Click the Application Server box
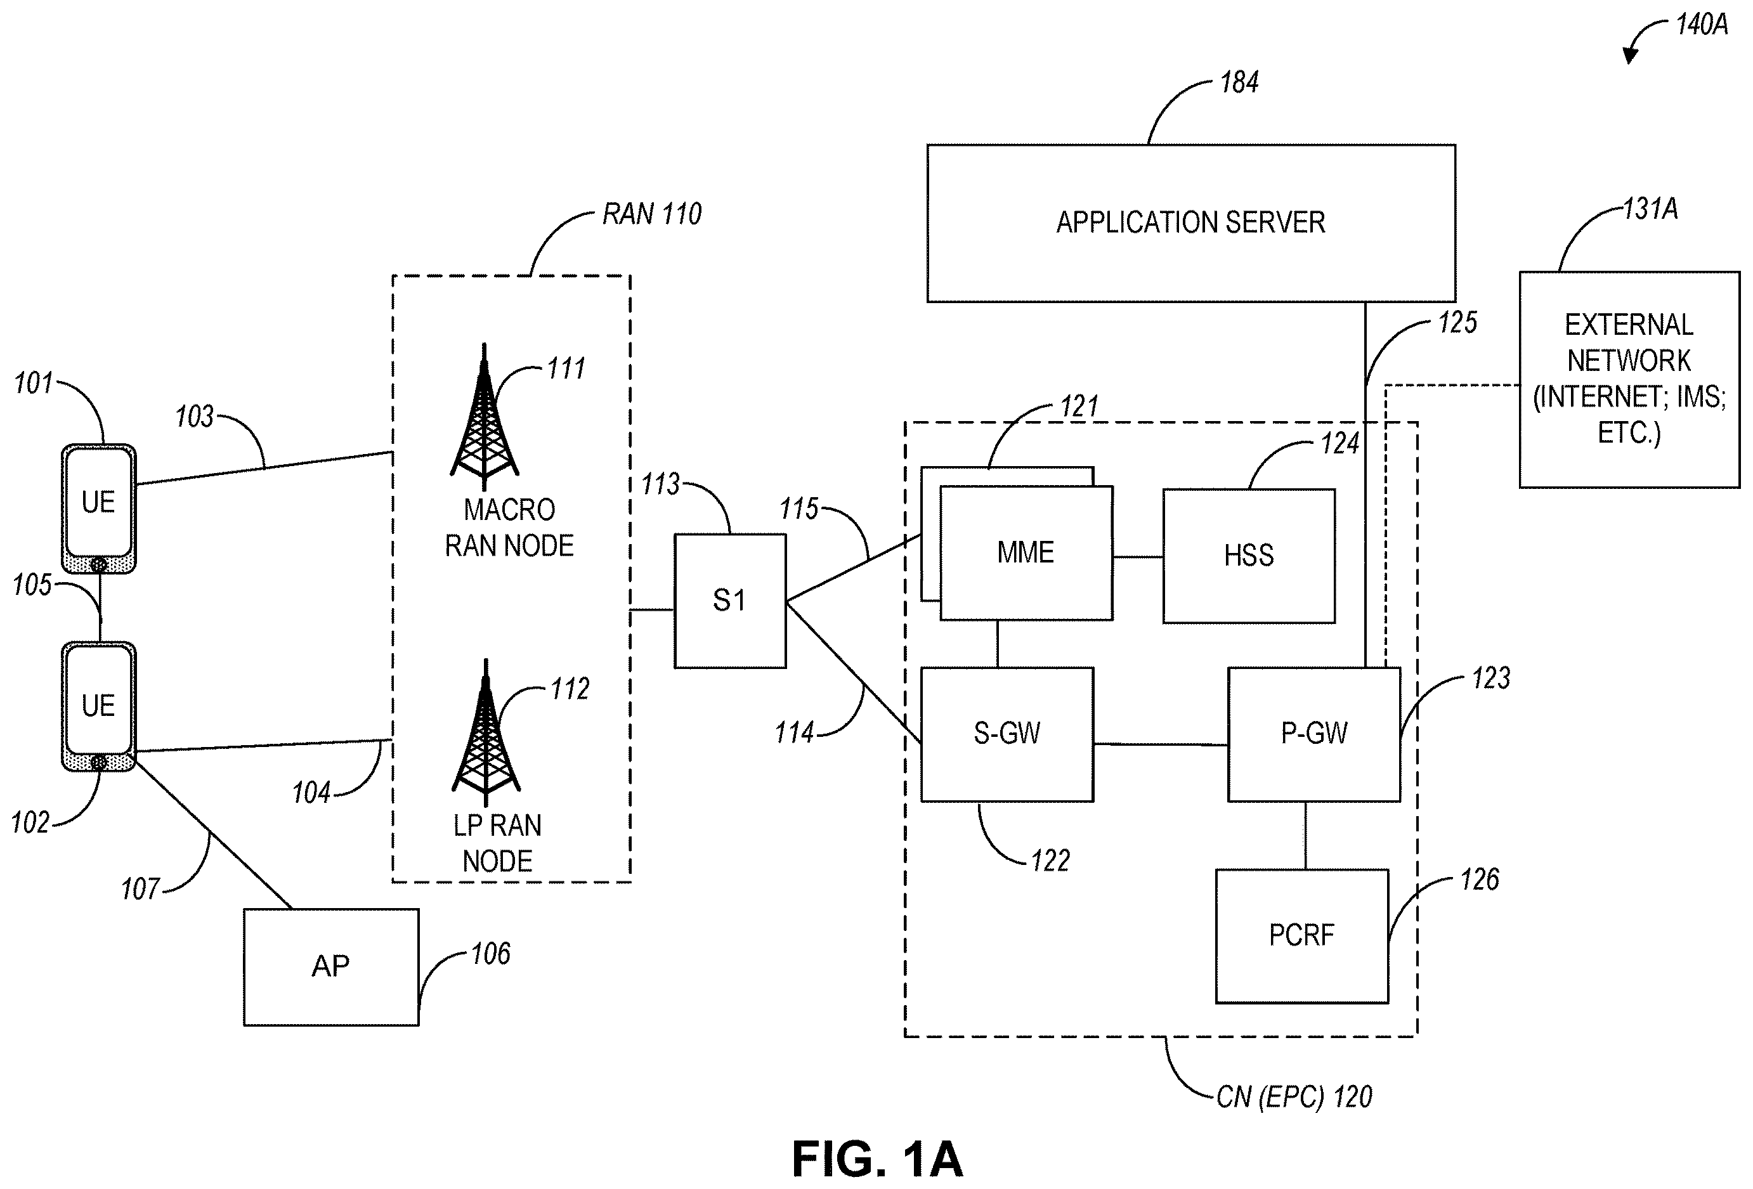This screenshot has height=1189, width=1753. [1191, 223]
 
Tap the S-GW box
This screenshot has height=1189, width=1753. [1007, 734]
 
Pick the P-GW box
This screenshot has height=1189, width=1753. [1314, 734]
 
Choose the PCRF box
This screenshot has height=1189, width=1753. [1302, 937]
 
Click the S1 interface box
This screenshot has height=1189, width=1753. [730, 601]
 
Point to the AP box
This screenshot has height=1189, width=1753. [331, 966]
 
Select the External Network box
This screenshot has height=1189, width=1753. [1629, 380]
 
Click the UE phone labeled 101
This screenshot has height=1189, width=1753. [99, 509]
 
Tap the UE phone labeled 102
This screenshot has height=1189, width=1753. [99, 706]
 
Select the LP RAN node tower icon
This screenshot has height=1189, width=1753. [486, 733]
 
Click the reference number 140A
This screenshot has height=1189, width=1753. [1702, 25]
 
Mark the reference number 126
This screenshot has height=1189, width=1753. [1479, 880]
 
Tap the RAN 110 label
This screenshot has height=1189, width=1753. [652, 214]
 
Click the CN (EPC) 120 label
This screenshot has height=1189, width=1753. [1294, 1097]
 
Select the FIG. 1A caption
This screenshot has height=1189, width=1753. [877, 1159]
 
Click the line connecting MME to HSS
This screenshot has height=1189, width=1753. [1138, 557]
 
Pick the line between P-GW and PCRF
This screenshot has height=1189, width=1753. [1306, 835]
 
